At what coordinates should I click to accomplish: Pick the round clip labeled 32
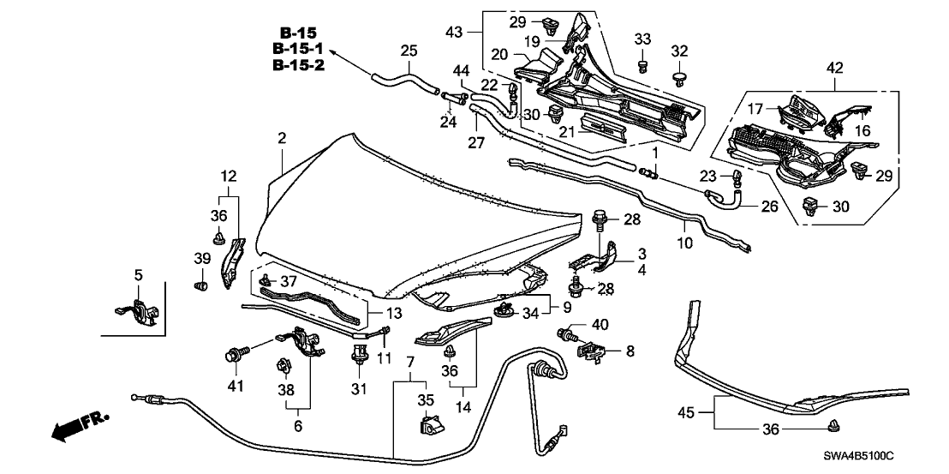pyautogui.click(x=681, y=80)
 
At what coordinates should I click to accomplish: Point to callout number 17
pyautogui.click(x=753, y=110)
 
